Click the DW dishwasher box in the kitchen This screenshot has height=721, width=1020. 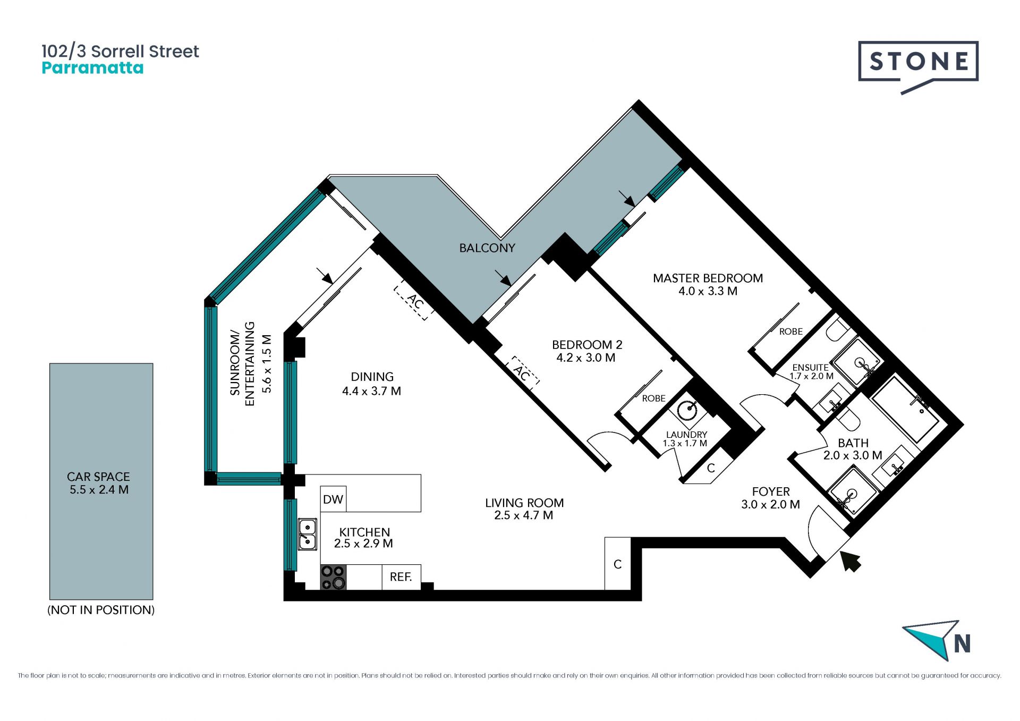pyautogui.click(x=333, y=499)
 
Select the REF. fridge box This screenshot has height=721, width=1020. pyautogui.click(x=401, y=577)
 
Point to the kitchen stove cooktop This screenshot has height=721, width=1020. pyautogui.click(x=333, y=577)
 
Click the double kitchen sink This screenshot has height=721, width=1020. pyautogui.click(x=307, y=534)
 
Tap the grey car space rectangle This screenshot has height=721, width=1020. pyautogui.click(x=101, y=481)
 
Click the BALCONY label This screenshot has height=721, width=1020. pyautogui.click(x=487, y=248)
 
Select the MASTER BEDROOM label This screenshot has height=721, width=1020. pyautogui.click(x=708, y=278)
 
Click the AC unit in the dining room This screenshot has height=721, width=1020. pyautogui.click(x=414, y=302)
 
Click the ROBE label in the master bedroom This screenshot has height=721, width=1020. pyautogui.click(x=791, y=332)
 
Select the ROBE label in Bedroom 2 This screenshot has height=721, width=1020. pyautogui.click(x=653, y=398)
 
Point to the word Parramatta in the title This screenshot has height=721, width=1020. pyautogui.click(x=92, y=68)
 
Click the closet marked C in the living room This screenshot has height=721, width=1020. pyautogui.click(x=618, y=564)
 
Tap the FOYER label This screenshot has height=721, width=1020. pyautogui.click(x=771, y=491)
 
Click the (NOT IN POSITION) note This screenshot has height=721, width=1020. pyautogui.click(x=101, y=610)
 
